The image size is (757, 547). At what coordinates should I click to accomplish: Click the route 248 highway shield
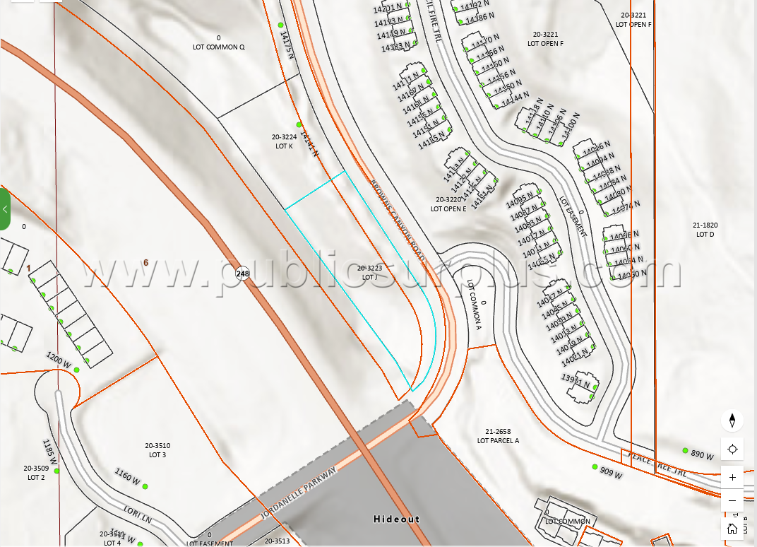click(x=243, y=273)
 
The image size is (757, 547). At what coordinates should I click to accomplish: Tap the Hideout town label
click(x=396, y=519)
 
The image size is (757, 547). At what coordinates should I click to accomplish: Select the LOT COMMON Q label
click(x=219, y=43)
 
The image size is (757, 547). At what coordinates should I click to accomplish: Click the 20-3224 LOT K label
click(x=284, y=141)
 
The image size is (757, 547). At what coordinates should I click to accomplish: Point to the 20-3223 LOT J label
click(x=369, y=273)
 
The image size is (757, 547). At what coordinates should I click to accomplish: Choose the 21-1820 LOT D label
click(x=705, y=230)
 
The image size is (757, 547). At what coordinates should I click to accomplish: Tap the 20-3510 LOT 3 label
click(x=157, y=450)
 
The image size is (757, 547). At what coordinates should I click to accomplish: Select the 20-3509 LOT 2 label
click(x=35, y=473)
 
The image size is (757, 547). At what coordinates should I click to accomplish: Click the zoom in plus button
click(x=732, y=478)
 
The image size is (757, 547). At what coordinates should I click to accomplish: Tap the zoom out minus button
click(x=732, y=501)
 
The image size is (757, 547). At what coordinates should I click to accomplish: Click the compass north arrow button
click(x=732, y=420)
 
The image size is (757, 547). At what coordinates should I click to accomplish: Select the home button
click(x=732, y=528)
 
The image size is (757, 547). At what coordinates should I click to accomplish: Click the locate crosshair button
click(x=732, y=449)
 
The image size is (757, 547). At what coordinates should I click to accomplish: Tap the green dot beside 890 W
click(x=685, y=450)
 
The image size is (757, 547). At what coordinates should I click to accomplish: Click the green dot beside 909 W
click(x=595, y=467)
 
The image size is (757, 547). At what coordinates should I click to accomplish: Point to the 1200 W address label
click(x=59, y=360)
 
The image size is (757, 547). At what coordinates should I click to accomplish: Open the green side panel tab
click(x=5, y=209)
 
